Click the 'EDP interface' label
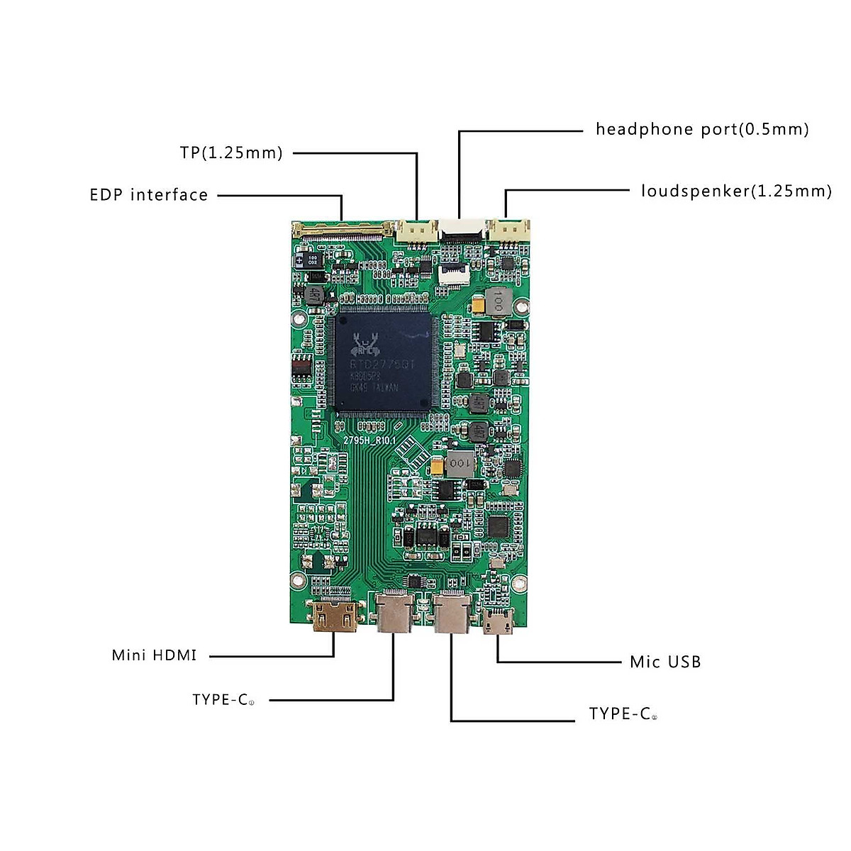148,195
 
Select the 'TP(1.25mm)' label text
231,152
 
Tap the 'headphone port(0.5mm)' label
702,129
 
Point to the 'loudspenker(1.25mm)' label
736,191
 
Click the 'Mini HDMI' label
154,655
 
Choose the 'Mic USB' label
665,662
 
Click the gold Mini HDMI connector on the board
335,616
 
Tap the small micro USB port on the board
497,621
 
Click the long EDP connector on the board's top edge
343,228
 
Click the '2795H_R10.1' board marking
369,440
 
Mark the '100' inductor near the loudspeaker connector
496,301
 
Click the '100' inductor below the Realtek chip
459,463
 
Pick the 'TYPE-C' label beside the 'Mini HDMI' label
222,700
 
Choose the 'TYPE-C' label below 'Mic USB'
622,714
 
